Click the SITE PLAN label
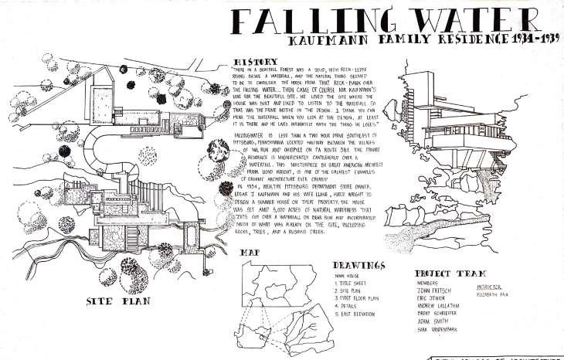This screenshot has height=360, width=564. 113,301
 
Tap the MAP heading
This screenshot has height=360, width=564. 250,253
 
